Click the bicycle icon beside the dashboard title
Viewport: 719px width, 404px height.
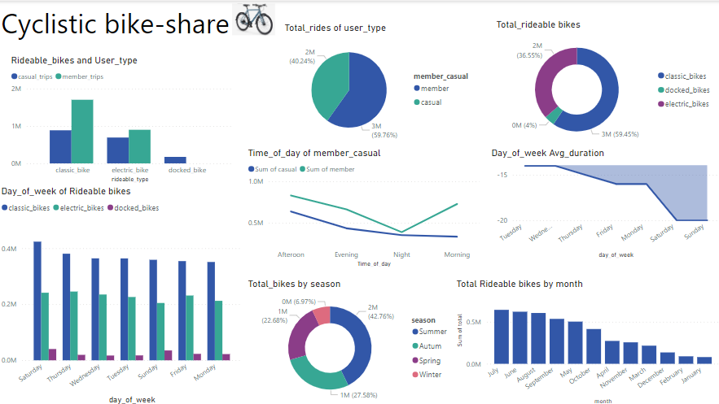[254, 19]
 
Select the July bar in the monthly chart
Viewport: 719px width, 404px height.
[502, 337]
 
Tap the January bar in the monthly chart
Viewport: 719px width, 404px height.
[704, 359]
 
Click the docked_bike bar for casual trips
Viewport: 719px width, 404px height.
[175, 160]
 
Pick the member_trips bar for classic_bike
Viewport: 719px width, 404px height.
[82, 131]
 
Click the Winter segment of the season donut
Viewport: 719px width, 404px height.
[322, 316]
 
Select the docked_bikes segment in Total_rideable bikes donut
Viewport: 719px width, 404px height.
[555, 116]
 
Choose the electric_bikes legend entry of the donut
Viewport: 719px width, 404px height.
[683, 103]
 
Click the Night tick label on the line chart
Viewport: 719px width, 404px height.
[402, 254]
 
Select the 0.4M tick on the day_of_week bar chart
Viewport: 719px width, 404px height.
[11, 249]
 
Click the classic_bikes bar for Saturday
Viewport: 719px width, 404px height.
[37, 300]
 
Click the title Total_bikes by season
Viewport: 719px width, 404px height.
[294, 284]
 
